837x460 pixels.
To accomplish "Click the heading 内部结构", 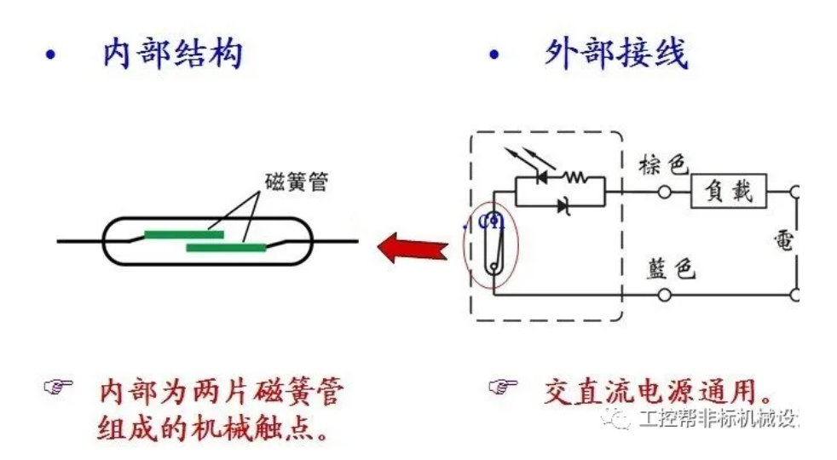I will pos(173,54).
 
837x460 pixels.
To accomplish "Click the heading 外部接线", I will pos(616,54).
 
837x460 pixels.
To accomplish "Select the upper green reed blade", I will pos(183,234).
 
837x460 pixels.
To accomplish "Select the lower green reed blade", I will pos(225,248).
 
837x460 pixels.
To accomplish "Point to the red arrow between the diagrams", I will pos(413,248).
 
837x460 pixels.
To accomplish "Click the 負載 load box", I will pos(728,192).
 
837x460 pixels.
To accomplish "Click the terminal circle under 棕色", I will pos(666,193).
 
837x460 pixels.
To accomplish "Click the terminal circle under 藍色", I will pos(666,295).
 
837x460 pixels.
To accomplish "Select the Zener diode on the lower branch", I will pos(562,204).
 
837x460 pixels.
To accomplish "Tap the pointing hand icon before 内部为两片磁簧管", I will pos(58,388).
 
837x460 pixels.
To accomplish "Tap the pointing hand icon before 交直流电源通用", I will pos(503,388).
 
